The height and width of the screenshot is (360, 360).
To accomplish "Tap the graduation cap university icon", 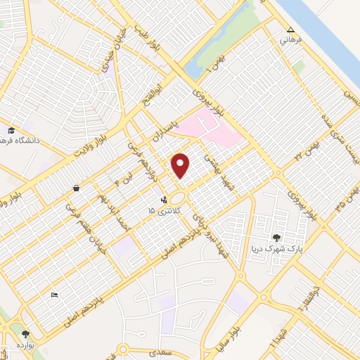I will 11,130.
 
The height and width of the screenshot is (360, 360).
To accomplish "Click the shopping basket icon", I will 75,188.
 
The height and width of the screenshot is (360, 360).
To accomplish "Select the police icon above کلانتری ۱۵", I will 163,200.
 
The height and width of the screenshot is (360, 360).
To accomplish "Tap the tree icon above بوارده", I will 26,334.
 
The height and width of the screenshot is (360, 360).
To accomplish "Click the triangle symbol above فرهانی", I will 290,30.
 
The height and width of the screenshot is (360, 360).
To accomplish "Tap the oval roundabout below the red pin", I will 176,200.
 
